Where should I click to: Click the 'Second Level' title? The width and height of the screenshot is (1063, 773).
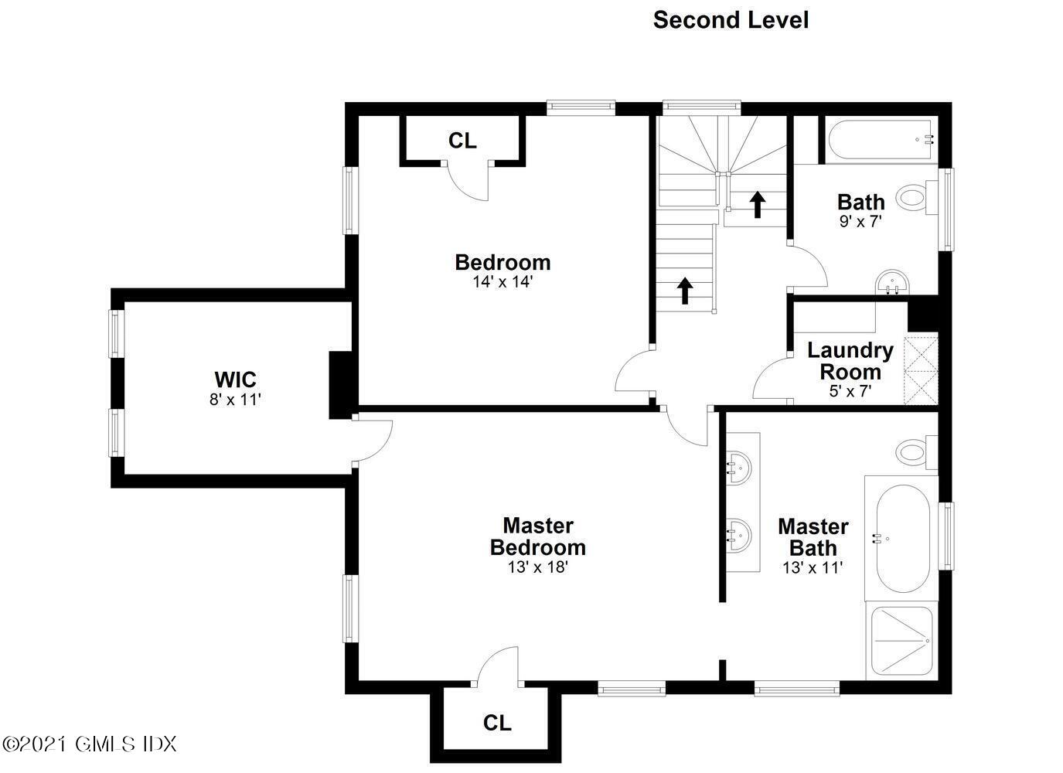point(731,20)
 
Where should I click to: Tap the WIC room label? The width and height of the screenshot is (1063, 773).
point(235,380)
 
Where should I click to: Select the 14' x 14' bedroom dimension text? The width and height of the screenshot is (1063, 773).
point(503,282)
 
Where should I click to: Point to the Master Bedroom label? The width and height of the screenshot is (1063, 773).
point(537,536)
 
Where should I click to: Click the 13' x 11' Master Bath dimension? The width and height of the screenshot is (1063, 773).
point(813,567)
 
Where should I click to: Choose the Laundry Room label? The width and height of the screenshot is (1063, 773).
point(850,361)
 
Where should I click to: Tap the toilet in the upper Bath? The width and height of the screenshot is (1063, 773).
point(917,197)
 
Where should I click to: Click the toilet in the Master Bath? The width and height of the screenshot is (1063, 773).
point(917,452)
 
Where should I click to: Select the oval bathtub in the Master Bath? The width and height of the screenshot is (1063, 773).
point(903,538)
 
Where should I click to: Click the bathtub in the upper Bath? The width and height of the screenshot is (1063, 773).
point(881,141)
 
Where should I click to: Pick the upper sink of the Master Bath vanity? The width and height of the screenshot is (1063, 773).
point(740,467)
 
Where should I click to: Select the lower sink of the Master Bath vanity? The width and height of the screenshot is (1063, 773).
point(740,535)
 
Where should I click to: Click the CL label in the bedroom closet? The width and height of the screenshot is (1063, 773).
point(462,141)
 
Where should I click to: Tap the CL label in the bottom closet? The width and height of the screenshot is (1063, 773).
point(497,724)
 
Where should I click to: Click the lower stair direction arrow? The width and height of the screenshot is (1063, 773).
point(685,291)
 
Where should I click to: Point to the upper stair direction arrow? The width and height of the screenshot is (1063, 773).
point(758,205)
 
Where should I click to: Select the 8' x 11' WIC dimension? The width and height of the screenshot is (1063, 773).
point(235,400)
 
